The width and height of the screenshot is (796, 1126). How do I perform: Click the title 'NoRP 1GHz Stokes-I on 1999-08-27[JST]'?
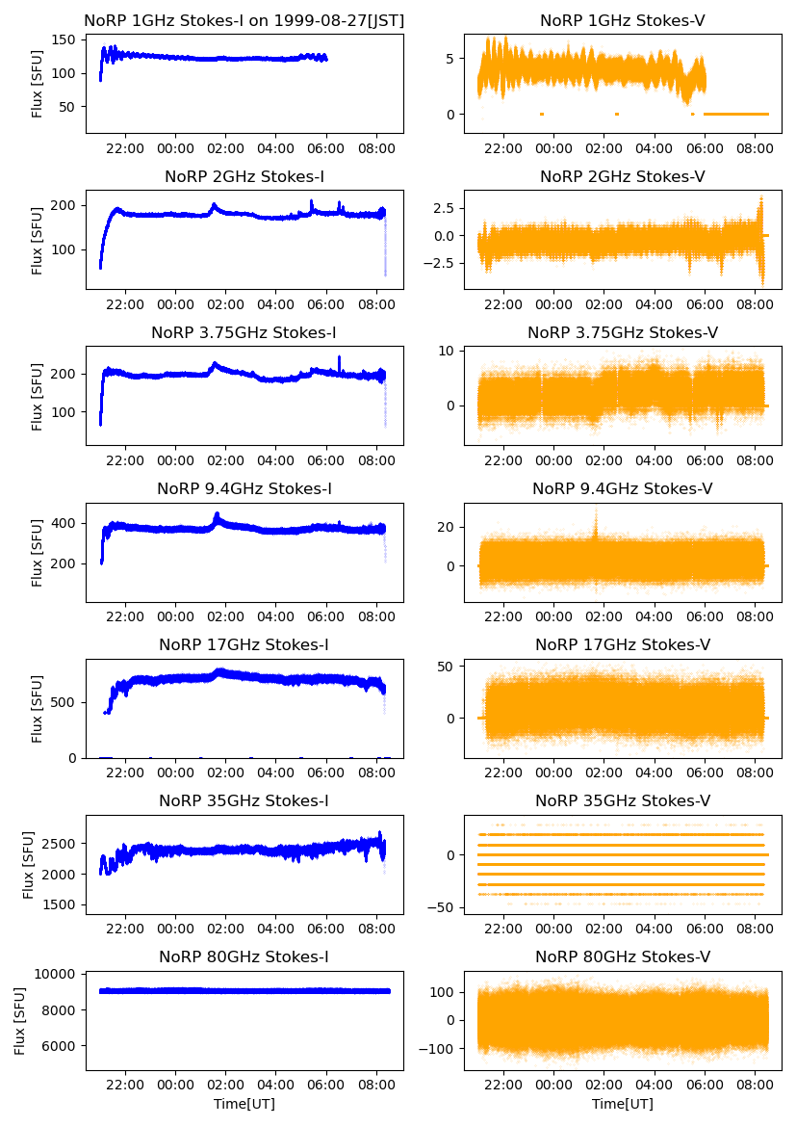(x=244, y=20)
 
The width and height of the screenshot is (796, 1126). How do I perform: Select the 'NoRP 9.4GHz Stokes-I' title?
(x=244, y=489)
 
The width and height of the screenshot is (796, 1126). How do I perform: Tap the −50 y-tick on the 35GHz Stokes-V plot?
(x=444, y=907)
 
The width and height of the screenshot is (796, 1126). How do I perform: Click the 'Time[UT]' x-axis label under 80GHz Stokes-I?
(x=244, y=1104)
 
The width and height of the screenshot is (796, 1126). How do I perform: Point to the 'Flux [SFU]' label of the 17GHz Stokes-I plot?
(x=38, y=709)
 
